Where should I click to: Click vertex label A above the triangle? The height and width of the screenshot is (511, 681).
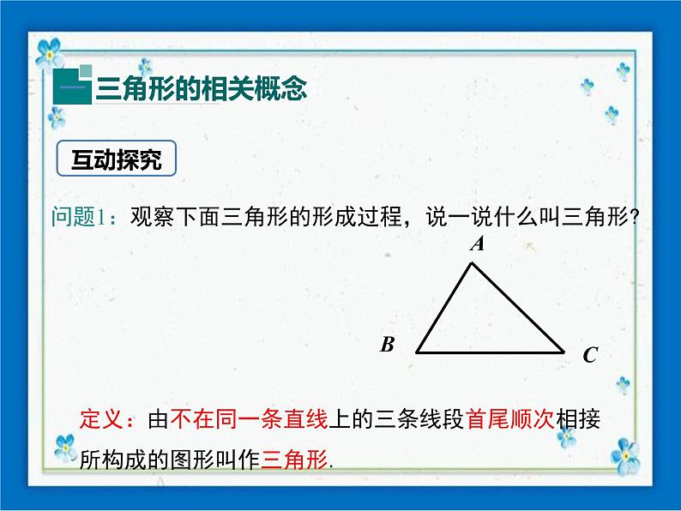click(478, 243)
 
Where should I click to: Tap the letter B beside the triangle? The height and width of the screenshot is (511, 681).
click(387, 345)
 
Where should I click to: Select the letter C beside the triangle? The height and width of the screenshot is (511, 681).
click(590, 355)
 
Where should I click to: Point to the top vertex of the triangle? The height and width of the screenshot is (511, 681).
click(472, 262)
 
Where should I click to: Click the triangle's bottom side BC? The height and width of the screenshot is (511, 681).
click(491, 352)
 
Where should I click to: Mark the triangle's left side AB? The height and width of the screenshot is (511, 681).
click(444, 308)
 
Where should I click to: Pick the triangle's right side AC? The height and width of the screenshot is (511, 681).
click(518, 308)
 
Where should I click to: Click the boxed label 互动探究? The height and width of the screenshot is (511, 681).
click(117, 159)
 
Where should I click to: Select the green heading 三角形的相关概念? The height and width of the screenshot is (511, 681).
click(201, 89)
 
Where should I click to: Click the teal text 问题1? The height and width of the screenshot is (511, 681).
click(79, 216)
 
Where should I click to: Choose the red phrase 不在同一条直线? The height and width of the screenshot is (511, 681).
click(250, 419)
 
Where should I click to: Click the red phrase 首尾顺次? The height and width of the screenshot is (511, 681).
click(509, 419)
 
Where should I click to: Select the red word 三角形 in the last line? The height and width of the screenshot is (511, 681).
click(294, 459)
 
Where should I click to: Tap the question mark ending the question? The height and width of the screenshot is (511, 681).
click(634, 217)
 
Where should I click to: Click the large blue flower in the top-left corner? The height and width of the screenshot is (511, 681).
click(49, 53)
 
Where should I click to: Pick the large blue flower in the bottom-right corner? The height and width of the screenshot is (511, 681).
click(625, 456)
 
